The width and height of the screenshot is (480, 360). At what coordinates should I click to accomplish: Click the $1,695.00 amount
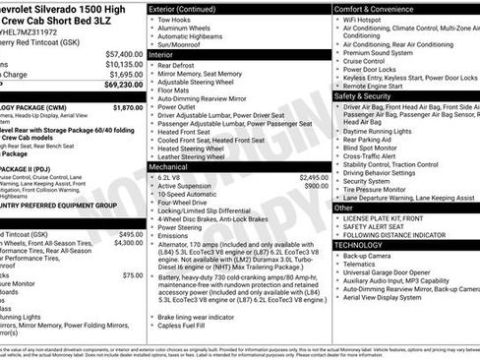(125, 74)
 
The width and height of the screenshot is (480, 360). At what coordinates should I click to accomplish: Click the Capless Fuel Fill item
(193, 338)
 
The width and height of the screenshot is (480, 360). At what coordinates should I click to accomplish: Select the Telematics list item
(361, 265)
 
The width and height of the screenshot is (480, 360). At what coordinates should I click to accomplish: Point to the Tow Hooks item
(188, 20)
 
